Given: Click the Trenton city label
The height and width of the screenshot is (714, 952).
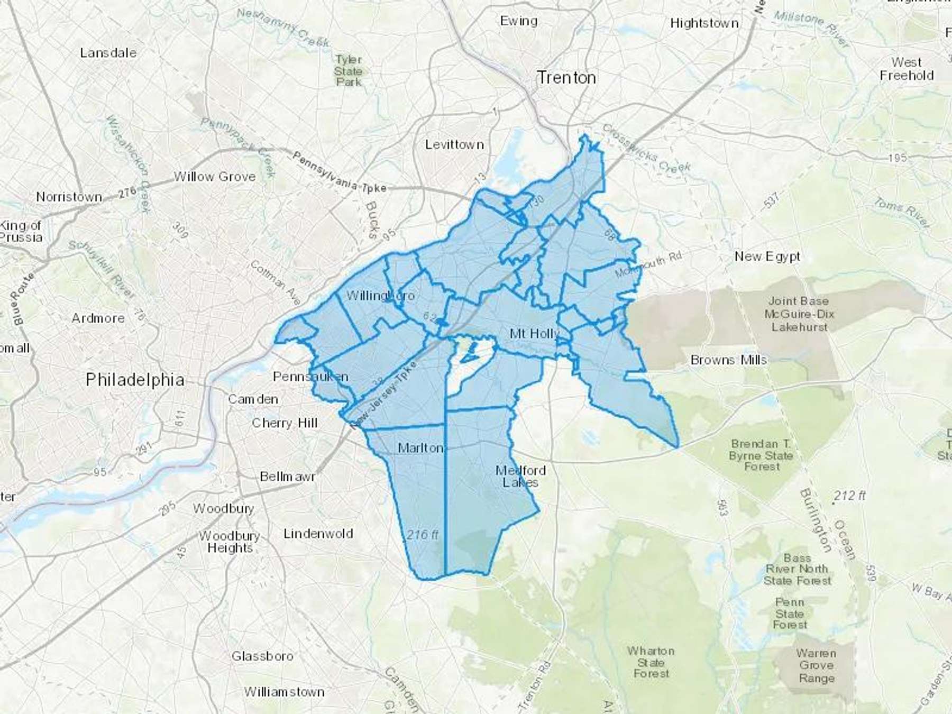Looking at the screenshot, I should click(566, 78).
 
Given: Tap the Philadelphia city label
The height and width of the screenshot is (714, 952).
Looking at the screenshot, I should click(135, 379).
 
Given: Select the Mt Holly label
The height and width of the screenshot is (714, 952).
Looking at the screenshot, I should click(534, 334).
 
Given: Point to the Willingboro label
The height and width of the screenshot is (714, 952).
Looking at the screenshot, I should click(380, 295).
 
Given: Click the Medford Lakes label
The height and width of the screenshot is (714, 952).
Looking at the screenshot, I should click(520, 476).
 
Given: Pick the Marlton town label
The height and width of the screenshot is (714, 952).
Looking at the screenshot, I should click(420, 448).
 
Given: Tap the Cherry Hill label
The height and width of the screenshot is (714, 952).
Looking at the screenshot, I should click(285, 423).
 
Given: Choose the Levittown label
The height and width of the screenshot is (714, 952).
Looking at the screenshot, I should click(454, 144).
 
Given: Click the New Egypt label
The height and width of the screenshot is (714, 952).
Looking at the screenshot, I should click(767, 257).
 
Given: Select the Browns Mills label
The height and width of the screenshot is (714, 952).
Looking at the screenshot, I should click(728, 360).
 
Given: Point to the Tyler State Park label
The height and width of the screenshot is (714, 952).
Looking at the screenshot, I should click(349, 71).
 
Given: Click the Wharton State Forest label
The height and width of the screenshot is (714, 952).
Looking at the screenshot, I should click(651, 662).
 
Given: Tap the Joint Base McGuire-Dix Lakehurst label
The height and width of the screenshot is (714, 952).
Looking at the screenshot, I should click(799, 314).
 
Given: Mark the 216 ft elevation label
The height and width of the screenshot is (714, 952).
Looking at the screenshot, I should click(422, 535).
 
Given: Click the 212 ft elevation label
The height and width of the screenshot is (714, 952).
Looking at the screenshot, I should click(849, 496).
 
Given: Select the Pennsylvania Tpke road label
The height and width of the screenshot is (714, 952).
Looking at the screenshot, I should click(339, 172).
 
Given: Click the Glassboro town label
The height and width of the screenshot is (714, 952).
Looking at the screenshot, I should click(262, 656).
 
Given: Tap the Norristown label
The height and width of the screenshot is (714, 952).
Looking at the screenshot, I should click(69, 197).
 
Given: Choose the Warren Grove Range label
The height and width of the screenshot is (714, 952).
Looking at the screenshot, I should click(816, 665).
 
